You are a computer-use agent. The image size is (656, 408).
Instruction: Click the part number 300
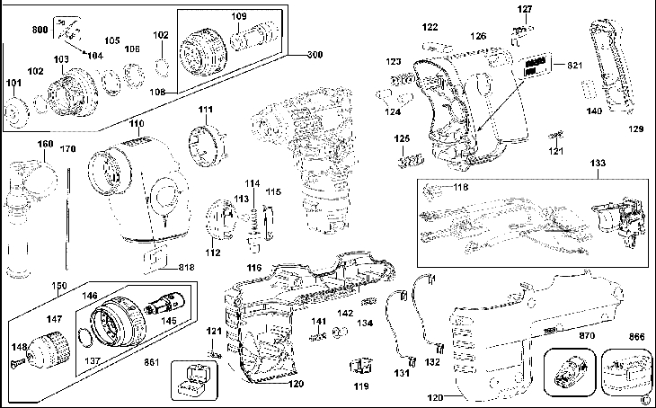coord(313,55)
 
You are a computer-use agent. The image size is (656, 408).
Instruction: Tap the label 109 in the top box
coord(239,16)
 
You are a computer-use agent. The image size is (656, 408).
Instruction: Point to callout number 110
coord(136,123)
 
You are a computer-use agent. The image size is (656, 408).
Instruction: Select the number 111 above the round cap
coord(206,110)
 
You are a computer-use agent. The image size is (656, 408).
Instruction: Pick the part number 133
coord(597,163)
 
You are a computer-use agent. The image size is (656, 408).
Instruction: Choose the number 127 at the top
coord(525,9)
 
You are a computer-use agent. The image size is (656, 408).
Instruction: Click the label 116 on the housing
coord(254,270)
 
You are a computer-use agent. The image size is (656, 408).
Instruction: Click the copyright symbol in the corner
coord(645,400)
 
